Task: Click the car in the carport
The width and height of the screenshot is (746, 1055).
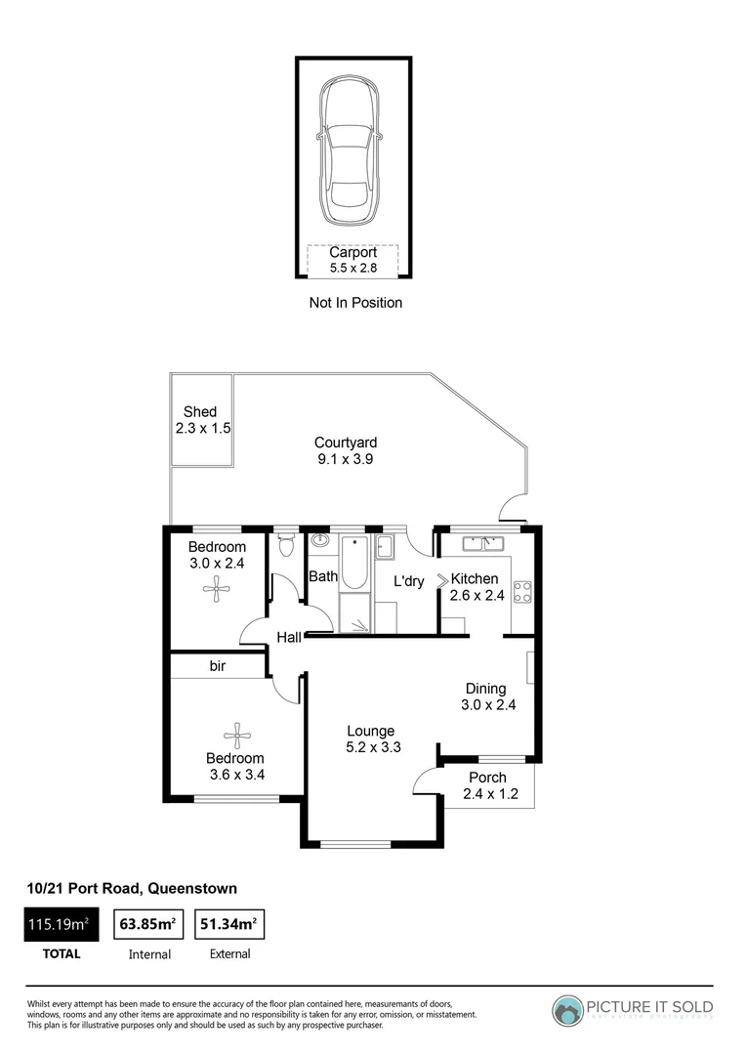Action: [352, 151]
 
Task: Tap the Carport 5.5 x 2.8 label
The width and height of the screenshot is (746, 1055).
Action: [352, 260]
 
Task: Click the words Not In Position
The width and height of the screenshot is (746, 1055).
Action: [355, 303]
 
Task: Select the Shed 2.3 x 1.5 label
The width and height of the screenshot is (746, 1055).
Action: [202, 420]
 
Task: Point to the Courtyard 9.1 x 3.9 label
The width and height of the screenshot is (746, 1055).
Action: [346, 450]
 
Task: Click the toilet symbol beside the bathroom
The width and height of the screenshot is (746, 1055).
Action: [286, 546]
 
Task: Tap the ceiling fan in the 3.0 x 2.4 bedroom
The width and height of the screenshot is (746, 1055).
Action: [215, 587]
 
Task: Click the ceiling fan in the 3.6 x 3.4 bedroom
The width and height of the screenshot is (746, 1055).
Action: [235, 732]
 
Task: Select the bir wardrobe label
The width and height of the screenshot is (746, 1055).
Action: [218, 666]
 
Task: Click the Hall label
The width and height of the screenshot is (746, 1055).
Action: [289, 638]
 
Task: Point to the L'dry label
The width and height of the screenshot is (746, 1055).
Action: [408, 581]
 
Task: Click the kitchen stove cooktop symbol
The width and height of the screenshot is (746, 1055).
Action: [522, 590]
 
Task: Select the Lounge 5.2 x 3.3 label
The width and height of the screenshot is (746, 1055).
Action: [371, 739]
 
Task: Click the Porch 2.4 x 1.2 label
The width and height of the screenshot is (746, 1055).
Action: [486, 785]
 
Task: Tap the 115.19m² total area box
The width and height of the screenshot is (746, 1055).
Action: [62, 922]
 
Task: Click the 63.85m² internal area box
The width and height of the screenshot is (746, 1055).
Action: [146, 922]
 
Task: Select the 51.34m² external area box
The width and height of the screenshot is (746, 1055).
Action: [229, 922]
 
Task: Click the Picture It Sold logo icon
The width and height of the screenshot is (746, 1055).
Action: [567, 1010]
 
